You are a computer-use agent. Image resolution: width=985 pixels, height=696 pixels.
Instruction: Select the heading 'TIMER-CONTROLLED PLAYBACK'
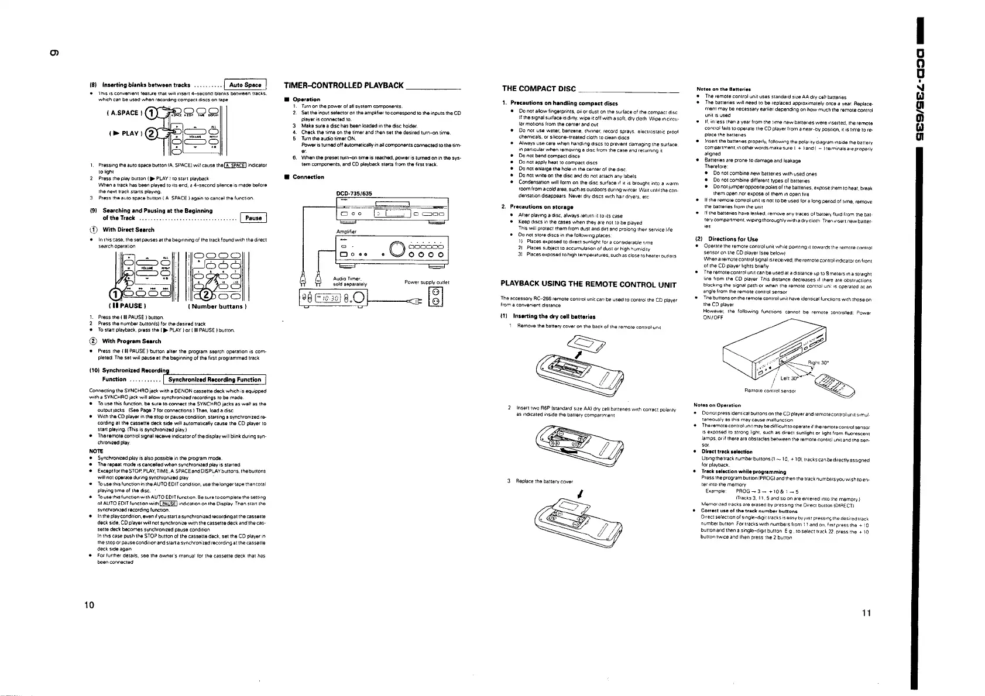pos(343,86)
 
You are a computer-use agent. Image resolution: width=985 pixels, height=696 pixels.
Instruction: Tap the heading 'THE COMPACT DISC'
pos(539,88)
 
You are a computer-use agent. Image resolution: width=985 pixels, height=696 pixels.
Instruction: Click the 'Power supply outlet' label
pos(427,282)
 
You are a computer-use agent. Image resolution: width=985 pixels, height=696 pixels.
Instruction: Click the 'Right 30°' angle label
pos(817,363)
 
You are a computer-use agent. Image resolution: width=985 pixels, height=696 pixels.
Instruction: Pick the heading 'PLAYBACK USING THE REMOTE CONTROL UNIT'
pos(588,285)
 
